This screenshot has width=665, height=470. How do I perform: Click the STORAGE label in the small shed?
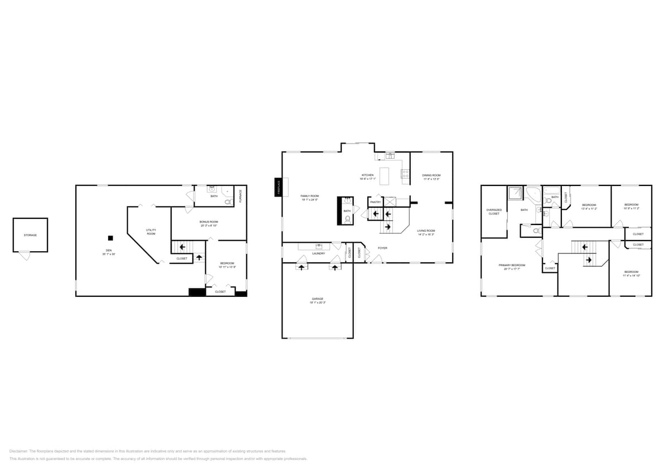[x=30, y=235]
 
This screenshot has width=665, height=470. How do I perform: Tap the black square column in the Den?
[x=110, y=238]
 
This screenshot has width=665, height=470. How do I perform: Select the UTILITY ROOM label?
[x=151, y=232]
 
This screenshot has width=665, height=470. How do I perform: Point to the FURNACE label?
[x=240, y=195]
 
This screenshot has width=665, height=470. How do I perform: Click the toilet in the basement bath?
[x=228, y=202]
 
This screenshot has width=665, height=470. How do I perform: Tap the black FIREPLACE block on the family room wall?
[x=278, y=187]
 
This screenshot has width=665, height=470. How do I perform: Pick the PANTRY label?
[x=375, y=202]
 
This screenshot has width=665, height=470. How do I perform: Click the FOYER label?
[x=382, y=248]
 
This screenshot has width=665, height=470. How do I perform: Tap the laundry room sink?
[x=319, y=246]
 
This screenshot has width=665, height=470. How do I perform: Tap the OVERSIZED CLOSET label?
[x=494, y=212]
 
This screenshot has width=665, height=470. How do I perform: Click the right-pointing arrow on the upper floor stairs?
[x=588, y=260]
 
